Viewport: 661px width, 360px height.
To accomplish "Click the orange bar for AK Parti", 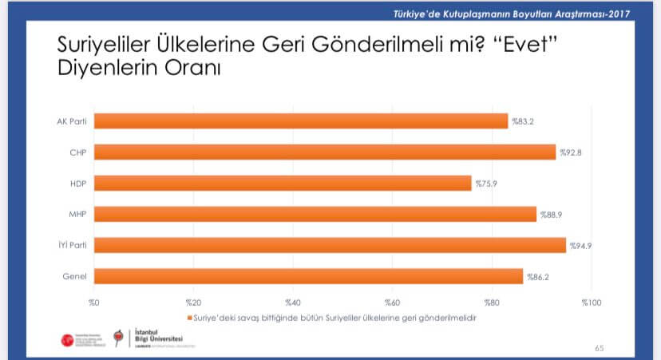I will [301, 121].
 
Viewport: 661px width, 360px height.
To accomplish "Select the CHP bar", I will [325, 152].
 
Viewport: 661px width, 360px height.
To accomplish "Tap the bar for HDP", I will [283, 183].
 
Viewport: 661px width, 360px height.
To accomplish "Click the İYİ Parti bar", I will [330, 245].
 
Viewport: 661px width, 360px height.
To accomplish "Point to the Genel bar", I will [308, 276].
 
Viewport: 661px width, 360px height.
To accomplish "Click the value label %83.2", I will [524, 121].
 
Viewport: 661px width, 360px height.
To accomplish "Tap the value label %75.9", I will [487, 183].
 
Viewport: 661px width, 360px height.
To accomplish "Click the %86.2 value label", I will [537, 276].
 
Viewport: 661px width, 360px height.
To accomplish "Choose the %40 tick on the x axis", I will [292, 303].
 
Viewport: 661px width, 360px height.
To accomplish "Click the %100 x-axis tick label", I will [591, 303].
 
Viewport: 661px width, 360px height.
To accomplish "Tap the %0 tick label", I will [93, 303].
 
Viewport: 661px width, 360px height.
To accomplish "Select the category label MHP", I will [77, 214].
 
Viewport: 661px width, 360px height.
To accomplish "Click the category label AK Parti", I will [72, 121].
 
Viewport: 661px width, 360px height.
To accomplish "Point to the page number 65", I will [600, 348].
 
